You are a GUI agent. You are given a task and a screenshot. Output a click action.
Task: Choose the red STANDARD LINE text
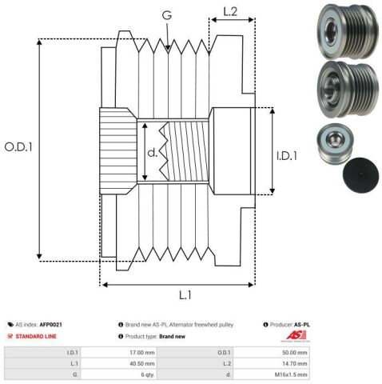(38, 337)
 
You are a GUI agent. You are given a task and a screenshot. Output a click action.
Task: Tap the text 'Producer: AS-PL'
(288, 325)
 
